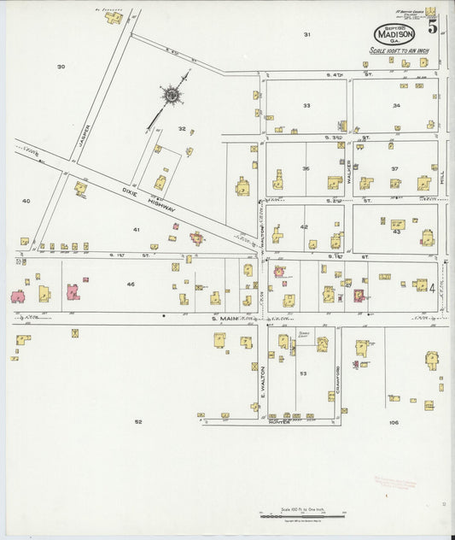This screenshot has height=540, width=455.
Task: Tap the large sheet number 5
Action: [433, 26]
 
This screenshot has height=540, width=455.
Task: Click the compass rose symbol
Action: [172, 96]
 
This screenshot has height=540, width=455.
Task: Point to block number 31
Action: [306, 34]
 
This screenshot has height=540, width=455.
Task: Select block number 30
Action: [61, 66]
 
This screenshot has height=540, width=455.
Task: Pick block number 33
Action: [306, 105]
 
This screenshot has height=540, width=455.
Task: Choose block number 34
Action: [396, 105]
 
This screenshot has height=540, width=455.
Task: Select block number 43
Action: [396, 232]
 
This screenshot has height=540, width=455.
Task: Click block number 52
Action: [137, 421]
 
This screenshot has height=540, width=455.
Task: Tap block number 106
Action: [394, 422]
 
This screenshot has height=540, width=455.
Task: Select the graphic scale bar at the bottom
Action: [300, 517]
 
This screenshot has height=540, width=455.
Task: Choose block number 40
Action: [26, 201]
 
